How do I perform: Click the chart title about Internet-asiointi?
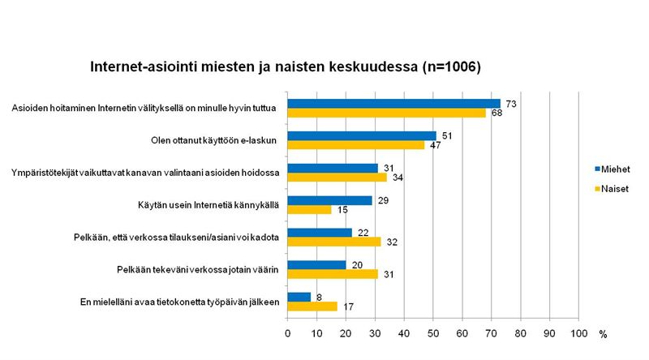coord(286,66)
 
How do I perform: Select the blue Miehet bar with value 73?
coord(393,103)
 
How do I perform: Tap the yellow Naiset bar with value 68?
coord(386,112)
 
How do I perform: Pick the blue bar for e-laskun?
coord(362,135)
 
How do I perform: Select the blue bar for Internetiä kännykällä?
coord(329,200)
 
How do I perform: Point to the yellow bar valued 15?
coord(309,209)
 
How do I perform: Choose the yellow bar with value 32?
coord(333,242)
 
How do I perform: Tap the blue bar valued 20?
coord(316,265)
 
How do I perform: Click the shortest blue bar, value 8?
coord(299,298)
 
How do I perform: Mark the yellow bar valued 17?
coord(312,306)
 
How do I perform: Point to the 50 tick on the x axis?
coord(433,333)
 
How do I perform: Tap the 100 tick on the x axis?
coord(579,333)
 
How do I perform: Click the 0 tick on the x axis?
coord(287,333)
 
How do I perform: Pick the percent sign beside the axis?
coord(603,334)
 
